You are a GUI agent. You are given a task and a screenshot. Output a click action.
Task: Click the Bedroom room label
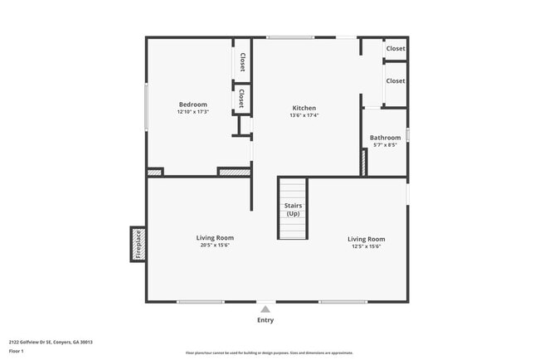192,105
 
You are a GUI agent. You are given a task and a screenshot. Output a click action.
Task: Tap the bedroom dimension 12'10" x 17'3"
192,112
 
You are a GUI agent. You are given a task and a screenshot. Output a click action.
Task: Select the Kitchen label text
303,108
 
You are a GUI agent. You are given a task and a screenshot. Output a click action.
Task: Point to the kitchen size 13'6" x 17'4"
303,115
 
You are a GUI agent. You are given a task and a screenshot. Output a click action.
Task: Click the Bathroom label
385,138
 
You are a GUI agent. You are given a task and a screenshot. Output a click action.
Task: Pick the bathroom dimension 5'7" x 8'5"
385,145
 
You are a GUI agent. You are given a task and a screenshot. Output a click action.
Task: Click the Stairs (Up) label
293,209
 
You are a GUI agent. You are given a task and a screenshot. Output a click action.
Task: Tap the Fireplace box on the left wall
138,244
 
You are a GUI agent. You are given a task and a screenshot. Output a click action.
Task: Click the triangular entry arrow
265,309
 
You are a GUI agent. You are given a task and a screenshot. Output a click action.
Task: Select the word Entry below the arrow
265,320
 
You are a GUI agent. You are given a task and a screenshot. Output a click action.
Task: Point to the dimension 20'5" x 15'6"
214,246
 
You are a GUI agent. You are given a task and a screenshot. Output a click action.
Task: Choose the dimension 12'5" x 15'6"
366,246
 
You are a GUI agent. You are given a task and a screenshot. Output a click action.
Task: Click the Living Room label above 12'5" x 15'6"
366,239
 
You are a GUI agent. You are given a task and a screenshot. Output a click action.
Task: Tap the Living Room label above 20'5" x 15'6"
214,238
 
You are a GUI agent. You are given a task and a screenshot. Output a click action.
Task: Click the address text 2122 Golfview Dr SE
51,342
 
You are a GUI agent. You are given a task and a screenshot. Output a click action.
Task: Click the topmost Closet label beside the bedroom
242,61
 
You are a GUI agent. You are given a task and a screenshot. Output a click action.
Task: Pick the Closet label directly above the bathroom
396,81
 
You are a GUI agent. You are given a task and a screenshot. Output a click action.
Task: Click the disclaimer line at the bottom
269,353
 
